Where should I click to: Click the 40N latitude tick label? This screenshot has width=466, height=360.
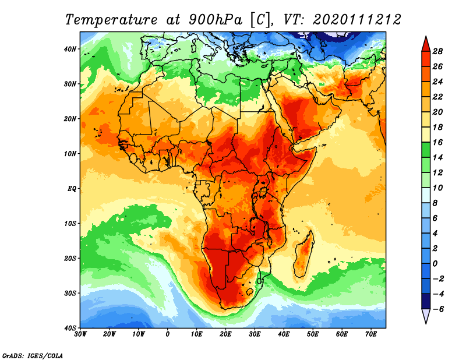click(x=70, y=49)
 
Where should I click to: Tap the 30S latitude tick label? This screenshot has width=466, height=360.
click(x=70, y=293)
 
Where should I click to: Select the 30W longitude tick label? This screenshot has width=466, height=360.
click(x=80, y=334)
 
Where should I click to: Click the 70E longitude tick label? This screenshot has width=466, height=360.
click(x=371, y=334)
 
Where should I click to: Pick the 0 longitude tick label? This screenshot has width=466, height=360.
click(x=168, y=334)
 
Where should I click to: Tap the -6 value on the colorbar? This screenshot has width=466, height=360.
click(x=438, y=309)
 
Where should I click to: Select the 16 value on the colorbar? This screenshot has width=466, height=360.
click(x=439, y=142)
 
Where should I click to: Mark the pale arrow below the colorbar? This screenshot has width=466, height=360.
click(x=426, y=316)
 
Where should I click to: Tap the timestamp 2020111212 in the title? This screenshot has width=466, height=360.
click(x=356, y=19)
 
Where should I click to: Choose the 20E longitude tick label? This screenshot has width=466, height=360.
click(x=225, y=334)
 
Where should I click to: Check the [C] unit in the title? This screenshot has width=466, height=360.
click(x=260, y=19)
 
